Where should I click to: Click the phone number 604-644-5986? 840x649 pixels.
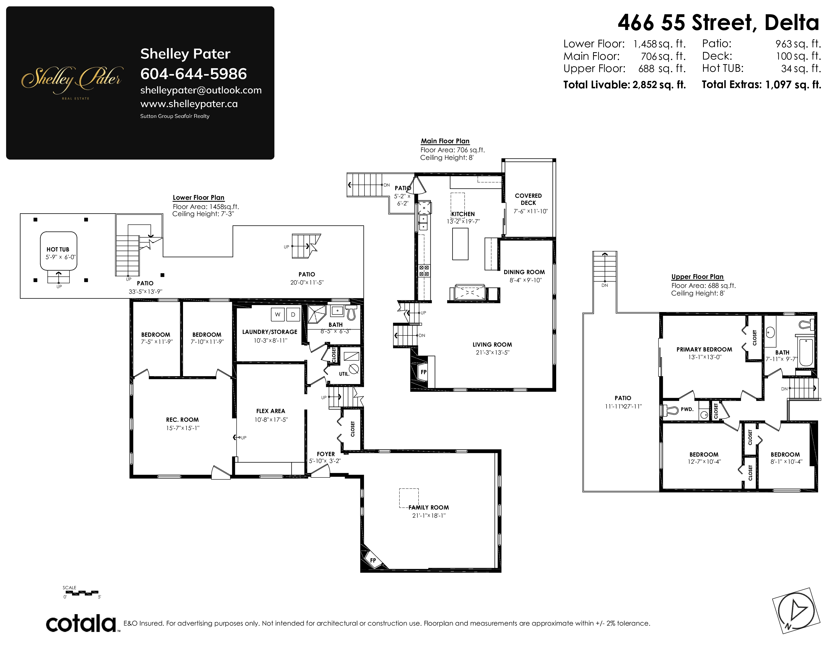pos(193,74)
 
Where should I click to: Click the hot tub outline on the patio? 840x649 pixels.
pos(59,251)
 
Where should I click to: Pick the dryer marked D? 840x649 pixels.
pos(293,315)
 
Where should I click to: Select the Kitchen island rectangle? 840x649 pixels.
pos(460,244)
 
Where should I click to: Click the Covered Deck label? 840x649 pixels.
pos(528,199)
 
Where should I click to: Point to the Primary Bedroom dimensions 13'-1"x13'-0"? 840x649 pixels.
pos(705,357)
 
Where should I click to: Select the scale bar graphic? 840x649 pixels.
pos(80,593)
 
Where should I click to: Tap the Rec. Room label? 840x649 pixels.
pos(182,420)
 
